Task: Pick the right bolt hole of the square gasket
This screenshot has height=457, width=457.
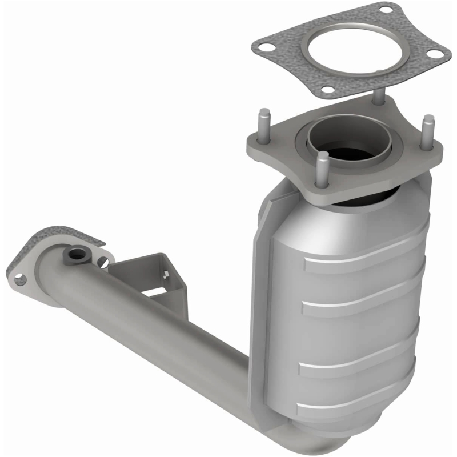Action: tap(436, 54)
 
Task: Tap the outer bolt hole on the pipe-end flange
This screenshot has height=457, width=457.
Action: tap(20, 279)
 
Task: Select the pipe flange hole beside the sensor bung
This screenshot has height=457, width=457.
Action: tap(102, 262)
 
